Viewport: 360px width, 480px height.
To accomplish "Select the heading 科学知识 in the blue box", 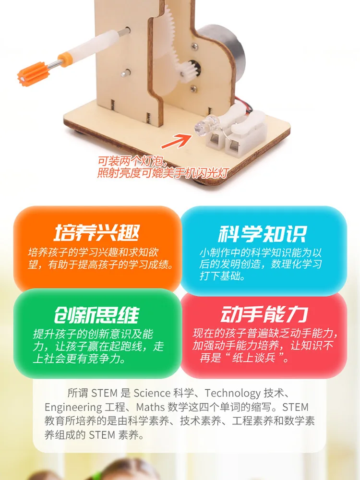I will (x=262, y=234).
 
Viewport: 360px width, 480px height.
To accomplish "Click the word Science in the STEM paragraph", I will (x=152, y=393).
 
